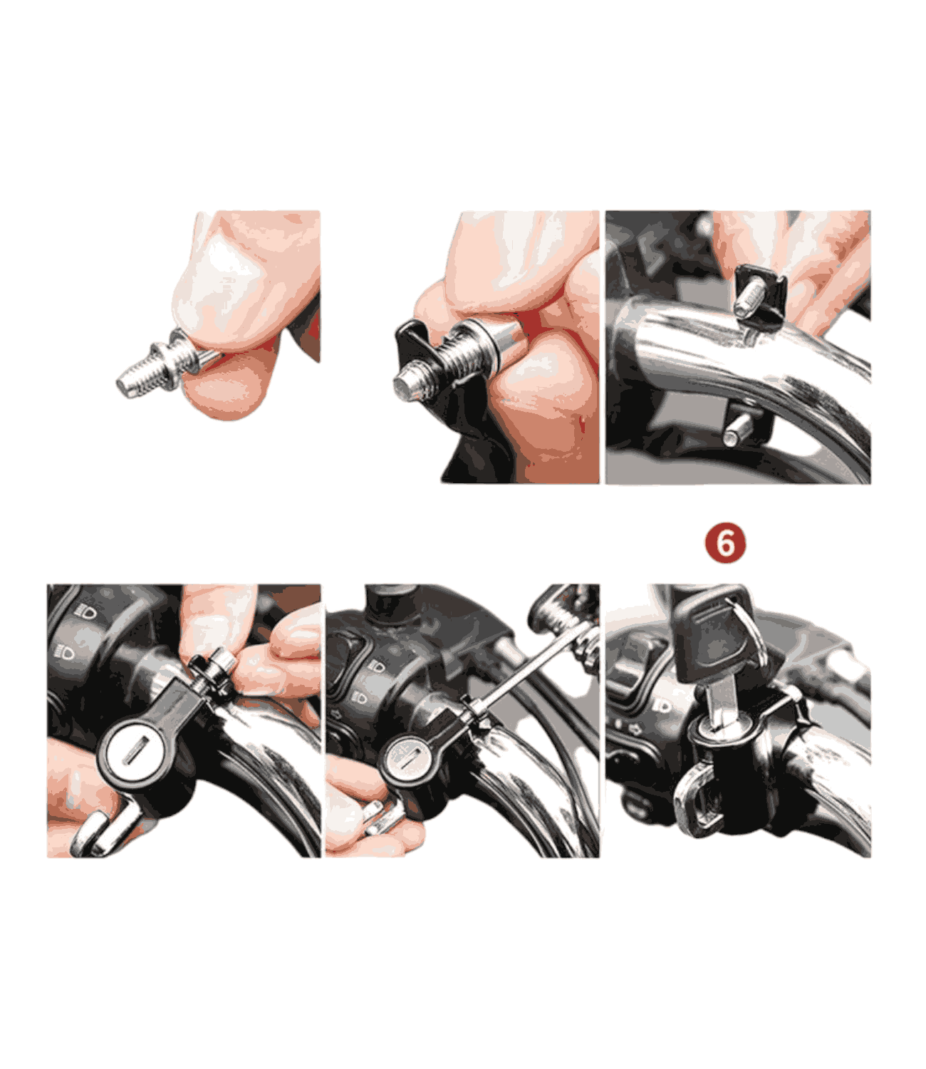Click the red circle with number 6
click(725, 544)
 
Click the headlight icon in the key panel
click(661, 706)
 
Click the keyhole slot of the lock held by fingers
click(135, 752)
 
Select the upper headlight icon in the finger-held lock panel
click(87, 611)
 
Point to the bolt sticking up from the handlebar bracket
click(749, 299)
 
